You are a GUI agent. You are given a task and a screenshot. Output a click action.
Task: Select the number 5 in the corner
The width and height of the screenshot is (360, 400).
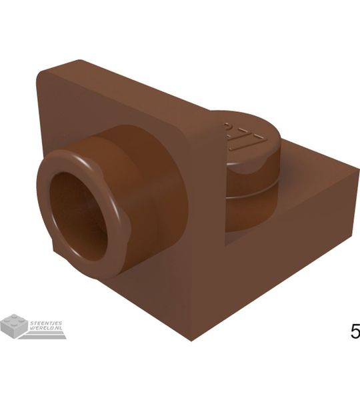[x=354, y=331]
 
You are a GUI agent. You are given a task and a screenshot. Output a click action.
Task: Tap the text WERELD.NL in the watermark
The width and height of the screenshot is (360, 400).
[x=47, y=328]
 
